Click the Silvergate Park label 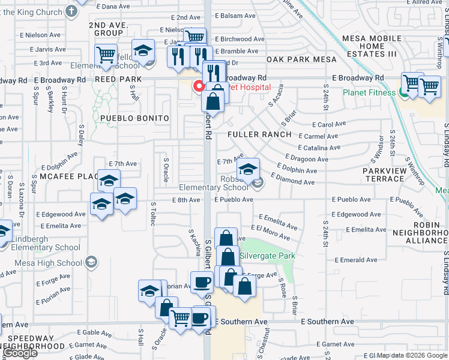pyautogui.click(x=267, y=256)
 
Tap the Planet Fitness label pyautogui.click(x=370, y=92)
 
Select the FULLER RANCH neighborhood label pyautogui.click(x=259, y=134)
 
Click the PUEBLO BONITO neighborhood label pyautogui.click(x=134, y=118)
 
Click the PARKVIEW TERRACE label pyautogui.click(x=384, y=175)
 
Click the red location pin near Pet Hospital pyautogui.click(x=198, y=86)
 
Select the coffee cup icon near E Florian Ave pyautogui.click(x=202, y=281)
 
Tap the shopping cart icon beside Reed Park pyautogui.click(x=106, y=55)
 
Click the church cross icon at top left pyautogui.click(x=71, y=11)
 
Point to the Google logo pyautogui.click(x=20, y=353)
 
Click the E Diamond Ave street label pyautogui.click(x=292, y=179)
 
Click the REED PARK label pyautogui.click(x=118, y=79)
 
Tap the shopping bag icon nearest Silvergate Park pyautogui.click(x=228, y=257)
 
